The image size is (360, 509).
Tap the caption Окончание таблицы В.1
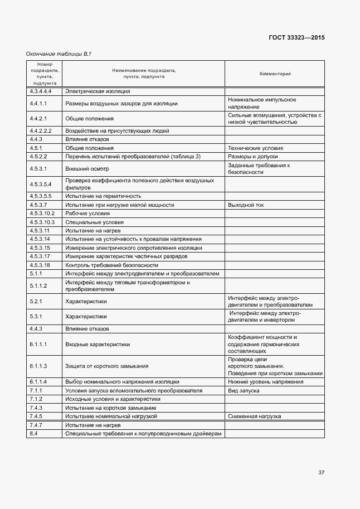(x=59, y=54)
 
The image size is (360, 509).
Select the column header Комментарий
(x=275, y=74)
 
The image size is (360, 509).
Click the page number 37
(x=321, y=473)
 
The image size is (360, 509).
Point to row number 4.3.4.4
(x=40, y=91)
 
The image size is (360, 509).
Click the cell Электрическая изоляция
(x=98, y=91)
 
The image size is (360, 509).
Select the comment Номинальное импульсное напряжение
(x=262, y=103)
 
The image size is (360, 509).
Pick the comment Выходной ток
(x=246, y=205)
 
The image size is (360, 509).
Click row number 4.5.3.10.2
(x=42, y=214)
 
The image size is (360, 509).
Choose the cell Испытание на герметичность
(x=103, y=196)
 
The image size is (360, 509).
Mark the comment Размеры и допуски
(x=253, y=157)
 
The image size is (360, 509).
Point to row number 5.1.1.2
(x=38, y=285)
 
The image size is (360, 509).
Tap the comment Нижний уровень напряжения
(x=266, y=382)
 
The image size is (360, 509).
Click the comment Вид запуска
(x=244, y=391)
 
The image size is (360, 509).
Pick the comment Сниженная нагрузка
(x=255, y=416)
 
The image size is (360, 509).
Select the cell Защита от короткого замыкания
(x=106, y=366)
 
